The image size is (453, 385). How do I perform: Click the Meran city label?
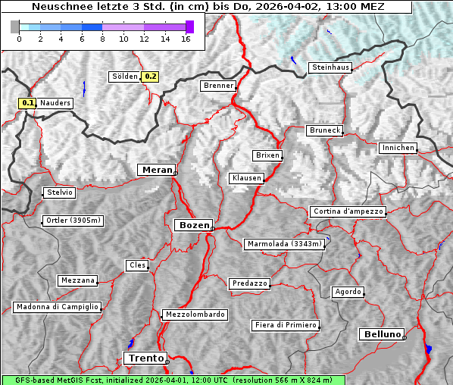[157, 170]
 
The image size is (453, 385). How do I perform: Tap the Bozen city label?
[193, 225]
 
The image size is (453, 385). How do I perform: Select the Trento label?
[145, 358]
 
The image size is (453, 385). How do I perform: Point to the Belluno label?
[381, 333]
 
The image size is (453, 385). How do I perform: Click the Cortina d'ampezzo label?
[348, 211]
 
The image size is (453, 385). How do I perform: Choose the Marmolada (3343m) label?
[285, 244]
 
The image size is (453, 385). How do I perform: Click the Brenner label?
[219, 86]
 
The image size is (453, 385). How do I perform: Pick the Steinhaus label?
[330, 67]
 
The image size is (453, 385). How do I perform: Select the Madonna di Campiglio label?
[57, 307]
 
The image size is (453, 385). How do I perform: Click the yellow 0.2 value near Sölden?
[151, 77]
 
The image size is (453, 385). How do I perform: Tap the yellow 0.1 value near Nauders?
[29, 102]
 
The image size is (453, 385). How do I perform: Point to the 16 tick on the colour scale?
[185, 39]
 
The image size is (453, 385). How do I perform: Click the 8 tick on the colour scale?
[102, 39]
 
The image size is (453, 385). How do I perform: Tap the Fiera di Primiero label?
[285, 325]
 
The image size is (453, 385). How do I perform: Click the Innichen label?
[398, 148]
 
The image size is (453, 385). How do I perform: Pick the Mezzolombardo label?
[194, 315]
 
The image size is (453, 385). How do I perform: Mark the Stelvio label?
[60, 192]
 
